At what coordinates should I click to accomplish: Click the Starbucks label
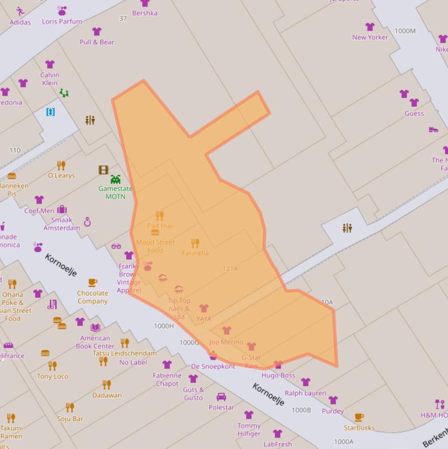[359, 427]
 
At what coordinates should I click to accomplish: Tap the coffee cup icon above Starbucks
[359, 417]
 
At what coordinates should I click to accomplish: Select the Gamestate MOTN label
[115, 192]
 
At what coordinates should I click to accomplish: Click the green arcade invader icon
[115, 179]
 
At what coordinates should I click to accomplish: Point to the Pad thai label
[160, 226]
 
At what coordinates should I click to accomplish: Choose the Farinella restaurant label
[195, 253]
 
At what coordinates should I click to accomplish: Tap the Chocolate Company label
[93, 297]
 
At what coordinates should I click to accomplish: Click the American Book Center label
[95, 342]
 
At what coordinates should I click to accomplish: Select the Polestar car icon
[221, 397]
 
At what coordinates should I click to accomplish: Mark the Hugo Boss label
[278, 376]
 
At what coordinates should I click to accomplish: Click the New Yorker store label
[370, 37]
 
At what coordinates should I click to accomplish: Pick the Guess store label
[414, 113]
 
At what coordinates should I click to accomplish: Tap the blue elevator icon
[51, 111]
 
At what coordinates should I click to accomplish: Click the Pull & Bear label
[97, 42]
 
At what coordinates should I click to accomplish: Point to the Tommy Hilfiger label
[249, 429]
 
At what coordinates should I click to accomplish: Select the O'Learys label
[61, 176]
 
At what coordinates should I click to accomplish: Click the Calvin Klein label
[50, 79]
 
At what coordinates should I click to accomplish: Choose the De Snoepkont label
[213, 366]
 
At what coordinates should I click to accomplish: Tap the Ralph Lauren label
[305, 393]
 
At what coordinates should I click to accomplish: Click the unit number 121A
[230, 268]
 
